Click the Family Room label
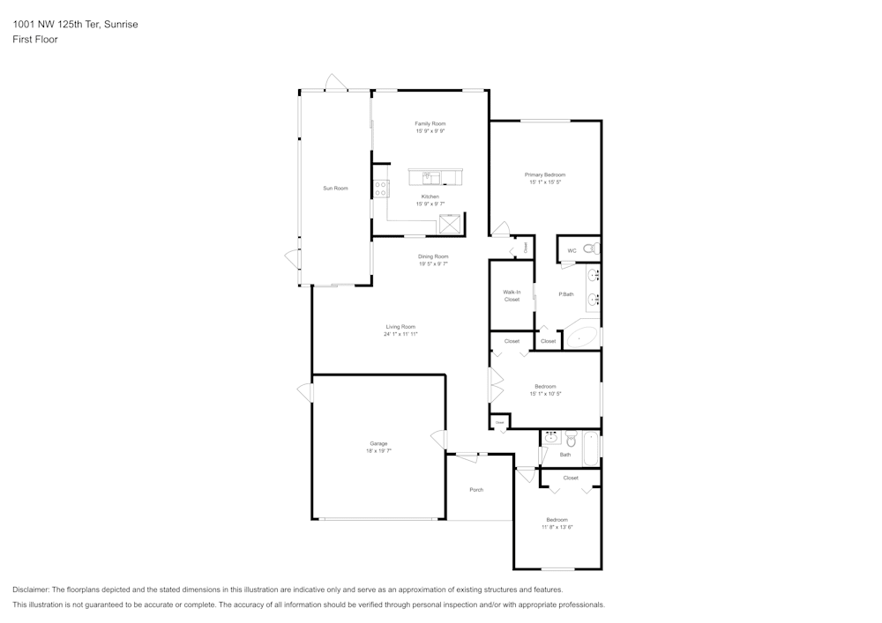point(430,123)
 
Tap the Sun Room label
point(335,188)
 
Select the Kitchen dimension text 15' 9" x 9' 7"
point(430,204)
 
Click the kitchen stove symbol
point(381,189)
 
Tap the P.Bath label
point(566,293)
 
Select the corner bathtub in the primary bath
point(583,337)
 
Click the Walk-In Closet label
point(512,295)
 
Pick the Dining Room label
point(433,256)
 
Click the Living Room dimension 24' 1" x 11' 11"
point(400,334)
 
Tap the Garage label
point(378,443)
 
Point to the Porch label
point(476,490)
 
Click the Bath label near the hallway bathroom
point(565,455)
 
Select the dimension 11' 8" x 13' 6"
point(557,527)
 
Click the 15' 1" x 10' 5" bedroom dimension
point(545,394)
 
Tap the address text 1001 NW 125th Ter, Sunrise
point(75,25)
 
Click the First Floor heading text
point(35,40)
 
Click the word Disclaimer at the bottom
point(31,590)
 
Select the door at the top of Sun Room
point(335,84)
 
